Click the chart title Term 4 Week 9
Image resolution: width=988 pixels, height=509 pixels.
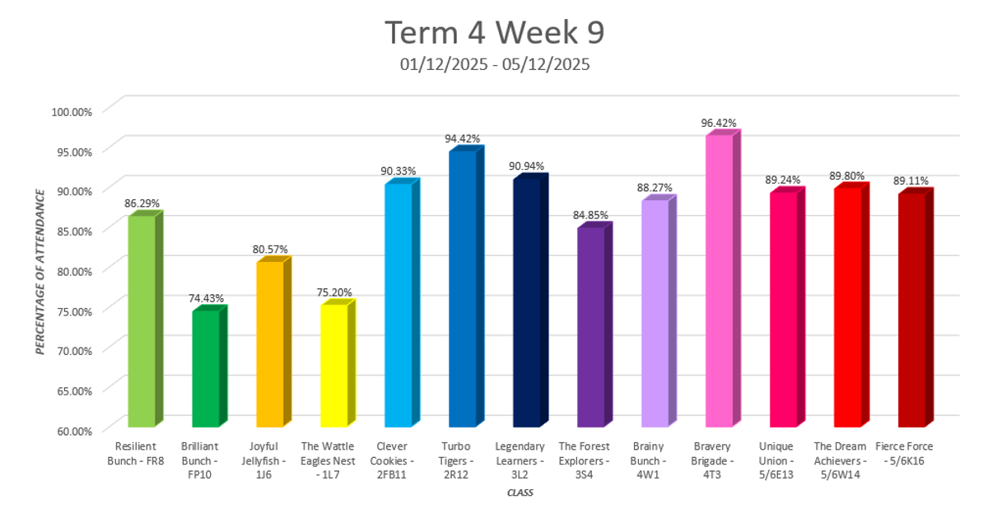click(x=495, y=32)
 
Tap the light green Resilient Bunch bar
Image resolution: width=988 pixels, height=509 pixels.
click(x=141, y=321)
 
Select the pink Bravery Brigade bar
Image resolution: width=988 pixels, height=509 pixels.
click(x=719, y=280)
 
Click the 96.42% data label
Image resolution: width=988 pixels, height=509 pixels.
click(x=719, y=124)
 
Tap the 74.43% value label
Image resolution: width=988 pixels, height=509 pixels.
click(x=206, y=298)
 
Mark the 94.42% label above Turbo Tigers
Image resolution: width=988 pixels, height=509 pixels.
click(x=463, y=138)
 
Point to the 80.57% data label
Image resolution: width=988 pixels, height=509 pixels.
click(x=271, y=250)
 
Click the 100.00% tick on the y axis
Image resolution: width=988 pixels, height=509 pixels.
click(x=72, y=110)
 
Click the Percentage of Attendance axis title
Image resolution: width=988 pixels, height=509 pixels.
click(x=40, y=270)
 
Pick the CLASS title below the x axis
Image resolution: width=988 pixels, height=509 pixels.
click(x=519, y=493)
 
